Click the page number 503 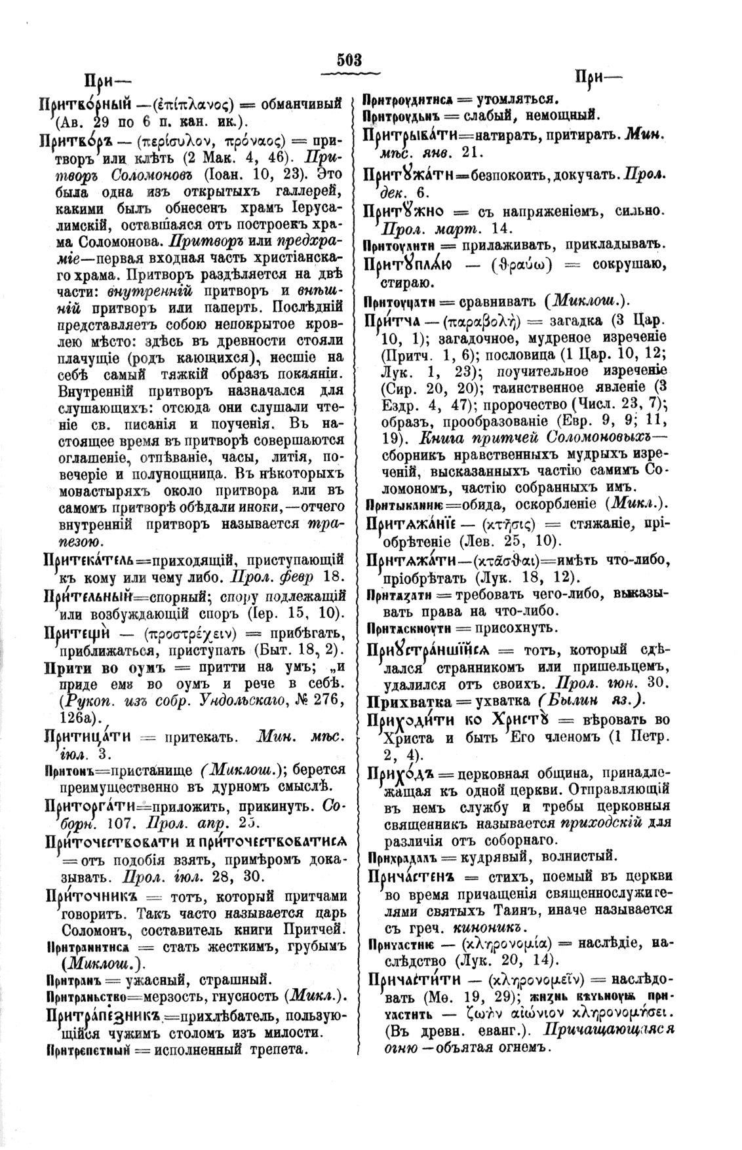click(x=349, y=60)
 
